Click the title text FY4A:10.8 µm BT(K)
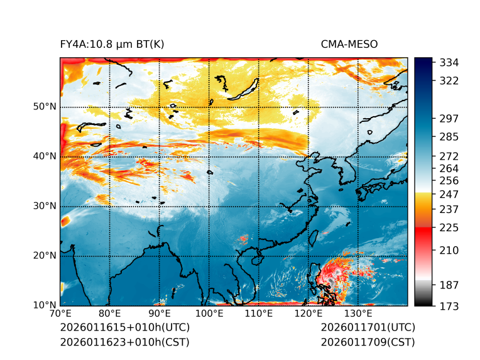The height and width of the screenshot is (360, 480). click(112, 44)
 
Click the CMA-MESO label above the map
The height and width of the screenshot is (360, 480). click(349, 44)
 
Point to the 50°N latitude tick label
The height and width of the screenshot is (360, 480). click(45, 107)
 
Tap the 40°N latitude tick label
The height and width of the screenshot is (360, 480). click(45, 156)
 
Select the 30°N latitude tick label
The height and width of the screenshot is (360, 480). click(45, 206)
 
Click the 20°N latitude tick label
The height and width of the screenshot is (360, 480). click(45, 256)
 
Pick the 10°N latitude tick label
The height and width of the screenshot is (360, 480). click(45, 305)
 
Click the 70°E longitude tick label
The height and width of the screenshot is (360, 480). click(60, 314)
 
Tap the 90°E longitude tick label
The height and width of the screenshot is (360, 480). click(160, 314)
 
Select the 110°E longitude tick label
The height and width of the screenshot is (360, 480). click(258, 314)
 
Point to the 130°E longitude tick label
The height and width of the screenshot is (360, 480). click(357, 314)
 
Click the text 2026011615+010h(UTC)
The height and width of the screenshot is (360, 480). click(124, 328)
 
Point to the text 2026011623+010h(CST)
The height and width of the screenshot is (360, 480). click(124, 342)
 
